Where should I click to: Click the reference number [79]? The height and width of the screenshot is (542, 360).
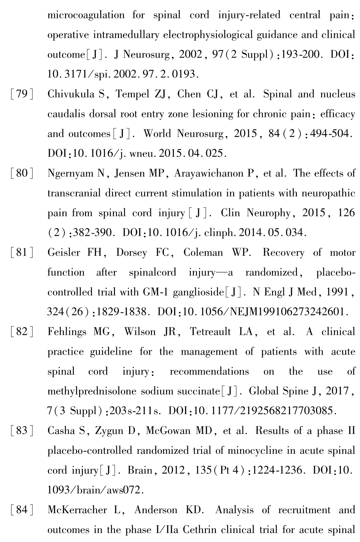point(22,94)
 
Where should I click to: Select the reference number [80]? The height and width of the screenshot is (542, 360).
point(22,174)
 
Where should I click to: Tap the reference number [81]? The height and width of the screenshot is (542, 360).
point(22,253)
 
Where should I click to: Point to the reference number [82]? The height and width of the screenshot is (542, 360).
point(22,332)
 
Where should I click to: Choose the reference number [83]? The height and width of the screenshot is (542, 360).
point(22,431)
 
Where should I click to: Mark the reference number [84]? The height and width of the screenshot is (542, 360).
point(22,510)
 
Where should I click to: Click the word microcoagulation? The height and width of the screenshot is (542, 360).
point(86,15)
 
